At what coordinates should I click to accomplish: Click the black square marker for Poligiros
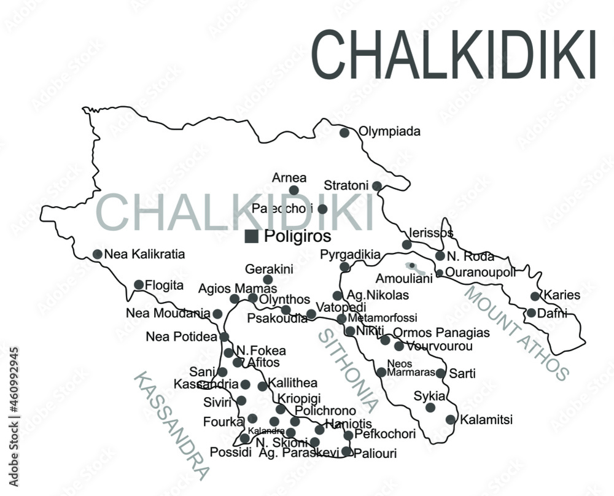(x=251, y=236)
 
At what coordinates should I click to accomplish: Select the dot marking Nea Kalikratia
(x=98, y=254)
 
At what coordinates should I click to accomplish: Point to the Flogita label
(x=165, y=285)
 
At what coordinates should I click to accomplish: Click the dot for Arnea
(x=294, y=190)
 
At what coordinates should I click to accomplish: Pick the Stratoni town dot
(x=377, y=186)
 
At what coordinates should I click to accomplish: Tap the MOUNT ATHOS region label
(x=516, y=332)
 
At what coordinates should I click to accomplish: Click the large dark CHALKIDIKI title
(x=454, y=54)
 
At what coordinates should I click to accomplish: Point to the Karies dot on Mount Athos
(x=535, y=296)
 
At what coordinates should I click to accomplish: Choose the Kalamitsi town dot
(x=451, y=420)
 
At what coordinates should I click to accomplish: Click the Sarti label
(x=462, y=373)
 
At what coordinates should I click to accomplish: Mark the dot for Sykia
(x=430, y=407)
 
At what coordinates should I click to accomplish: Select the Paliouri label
(x=375, y=454)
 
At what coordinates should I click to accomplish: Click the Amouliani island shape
(x=416, y=268)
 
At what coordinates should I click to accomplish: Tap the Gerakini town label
(x=269, y=269)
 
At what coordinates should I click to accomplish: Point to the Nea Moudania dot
(x=217, y=314)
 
